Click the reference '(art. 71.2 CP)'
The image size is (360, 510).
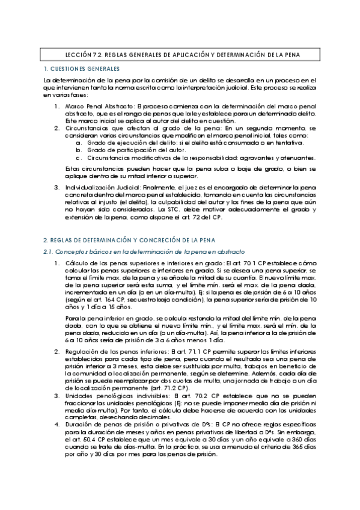point(175,388)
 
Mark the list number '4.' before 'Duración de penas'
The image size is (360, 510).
point(57,425)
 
